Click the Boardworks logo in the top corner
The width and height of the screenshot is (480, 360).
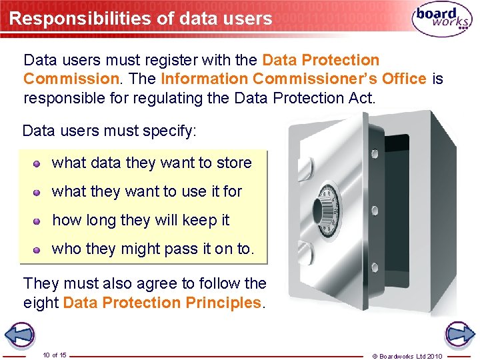[442, 19]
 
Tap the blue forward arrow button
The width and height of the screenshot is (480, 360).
[459, 334]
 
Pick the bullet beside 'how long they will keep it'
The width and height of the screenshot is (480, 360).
[39, 221]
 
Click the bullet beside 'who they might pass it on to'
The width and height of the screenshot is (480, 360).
[39, 249]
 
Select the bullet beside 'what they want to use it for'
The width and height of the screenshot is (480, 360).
[39, 192]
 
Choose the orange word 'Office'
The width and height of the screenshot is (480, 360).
[404, 79]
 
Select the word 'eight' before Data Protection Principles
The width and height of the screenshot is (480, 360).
[41, 303]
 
